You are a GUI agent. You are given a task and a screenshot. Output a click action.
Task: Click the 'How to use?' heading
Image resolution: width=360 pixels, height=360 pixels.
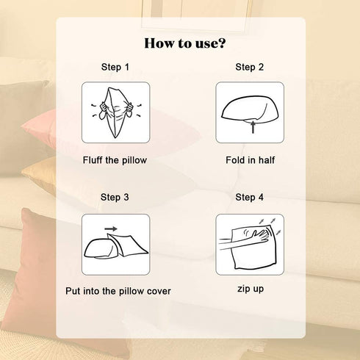185,43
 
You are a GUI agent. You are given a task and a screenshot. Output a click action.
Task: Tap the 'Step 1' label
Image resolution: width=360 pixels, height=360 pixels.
115,67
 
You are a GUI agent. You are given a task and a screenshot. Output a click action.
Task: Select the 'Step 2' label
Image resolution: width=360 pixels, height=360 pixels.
249,67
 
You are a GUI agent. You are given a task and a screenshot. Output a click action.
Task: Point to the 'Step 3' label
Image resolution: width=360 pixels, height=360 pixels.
115,198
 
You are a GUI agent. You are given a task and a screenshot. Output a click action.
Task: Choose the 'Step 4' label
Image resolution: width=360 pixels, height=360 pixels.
249,198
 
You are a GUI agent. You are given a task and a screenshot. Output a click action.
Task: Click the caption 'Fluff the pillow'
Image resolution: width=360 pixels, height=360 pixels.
115,160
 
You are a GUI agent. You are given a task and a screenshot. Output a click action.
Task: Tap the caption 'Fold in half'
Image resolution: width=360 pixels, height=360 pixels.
251,160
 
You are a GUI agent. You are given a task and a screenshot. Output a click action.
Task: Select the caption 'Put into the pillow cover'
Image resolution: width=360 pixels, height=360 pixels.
118,291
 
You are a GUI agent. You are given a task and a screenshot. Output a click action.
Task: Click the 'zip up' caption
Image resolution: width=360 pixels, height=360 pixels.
251,289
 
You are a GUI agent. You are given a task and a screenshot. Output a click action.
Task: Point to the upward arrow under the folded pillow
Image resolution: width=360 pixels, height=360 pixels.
253,127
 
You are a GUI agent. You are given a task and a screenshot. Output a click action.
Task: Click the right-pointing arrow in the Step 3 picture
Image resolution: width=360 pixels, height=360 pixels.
111,229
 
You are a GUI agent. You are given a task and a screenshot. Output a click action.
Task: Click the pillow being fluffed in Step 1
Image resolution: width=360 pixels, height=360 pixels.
115,112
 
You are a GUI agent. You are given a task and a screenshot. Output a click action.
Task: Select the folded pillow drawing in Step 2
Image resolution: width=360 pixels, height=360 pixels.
250,109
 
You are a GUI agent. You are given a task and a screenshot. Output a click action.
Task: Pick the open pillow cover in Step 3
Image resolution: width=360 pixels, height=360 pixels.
128,245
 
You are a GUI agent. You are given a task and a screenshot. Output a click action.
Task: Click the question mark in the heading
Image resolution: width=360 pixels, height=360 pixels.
222,43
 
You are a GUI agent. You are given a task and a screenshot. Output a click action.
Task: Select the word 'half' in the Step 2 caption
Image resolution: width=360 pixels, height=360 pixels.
267,160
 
